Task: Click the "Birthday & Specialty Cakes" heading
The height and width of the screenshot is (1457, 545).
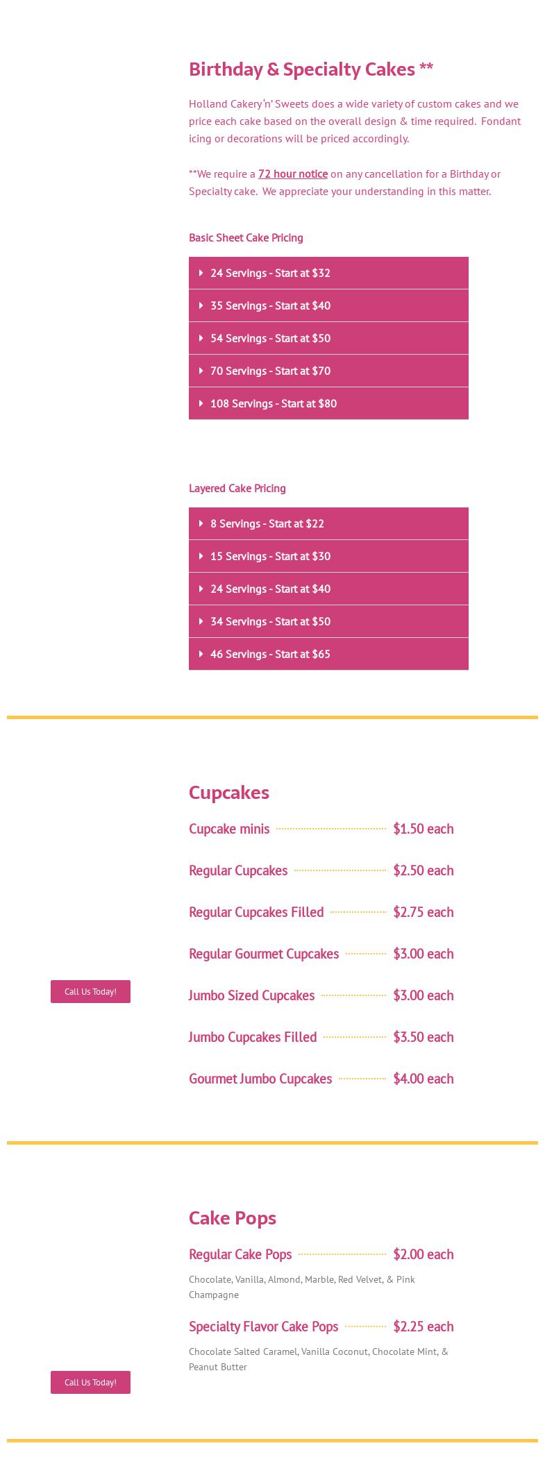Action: (310, 69)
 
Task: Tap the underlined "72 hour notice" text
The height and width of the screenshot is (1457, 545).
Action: (292, 174)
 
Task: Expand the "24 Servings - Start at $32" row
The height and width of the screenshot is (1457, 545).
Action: (328, 273)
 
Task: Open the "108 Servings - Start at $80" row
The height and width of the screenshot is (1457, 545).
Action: (328, 403)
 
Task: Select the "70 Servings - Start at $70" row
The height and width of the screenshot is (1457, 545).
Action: (328, 371)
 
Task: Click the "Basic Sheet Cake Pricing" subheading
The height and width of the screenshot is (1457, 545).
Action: (246, 237)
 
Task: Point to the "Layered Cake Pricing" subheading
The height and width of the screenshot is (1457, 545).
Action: (237, 488)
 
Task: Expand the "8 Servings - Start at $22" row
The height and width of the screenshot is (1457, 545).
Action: (328, 523)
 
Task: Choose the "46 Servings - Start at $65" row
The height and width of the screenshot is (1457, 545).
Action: (328, 654)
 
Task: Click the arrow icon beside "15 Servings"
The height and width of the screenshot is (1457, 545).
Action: (201, 556)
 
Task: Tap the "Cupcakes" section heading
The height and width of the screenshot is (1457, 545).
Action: (228, 792)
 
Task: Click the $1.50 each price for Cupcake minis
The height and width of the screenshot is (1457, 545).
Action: (423, 829)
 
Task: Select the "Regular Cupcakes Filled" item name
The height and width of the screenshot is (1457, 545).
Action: (256, 912)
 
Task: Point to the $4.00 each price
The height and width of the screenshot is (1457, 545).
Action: (423, 1079)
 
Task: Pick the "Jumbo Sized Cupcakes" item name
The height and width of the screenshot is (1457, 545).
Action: (251, 995)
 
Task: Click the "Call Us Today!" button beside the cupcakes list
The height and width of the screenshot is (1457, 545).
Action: (90, 991)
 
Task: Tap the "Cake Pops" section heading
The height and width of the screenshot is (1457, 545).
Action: (232, 1218)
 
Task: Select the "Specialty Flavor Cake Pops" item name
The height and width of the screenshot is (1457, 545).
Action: (263, 1327)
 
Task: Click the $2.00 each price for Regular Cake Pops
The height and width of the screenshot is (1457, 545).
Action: (423, 1254)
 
